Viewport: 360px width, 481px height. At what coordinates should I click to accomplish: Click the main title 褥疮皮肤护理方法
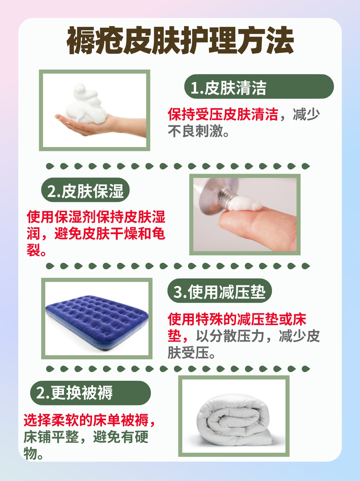(180, 41)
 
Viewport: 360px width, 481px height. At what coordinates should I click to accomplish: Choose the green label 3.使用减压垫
(219, 291)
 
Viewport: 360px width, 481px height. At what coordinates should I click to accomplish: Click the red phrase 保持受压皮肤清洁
(223, 114)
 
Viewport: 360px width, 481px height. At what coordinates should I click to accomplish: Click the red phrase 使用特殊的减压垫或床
(237, 319)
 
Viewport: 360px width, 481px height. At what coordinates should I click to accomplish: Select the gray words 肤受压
(188, 353)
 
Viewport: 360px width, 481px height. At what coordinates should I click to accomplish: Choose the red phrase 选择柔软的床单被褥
(86, 420)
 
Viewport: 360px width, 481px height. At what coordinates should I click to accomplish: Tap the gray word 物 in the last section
(30, 453)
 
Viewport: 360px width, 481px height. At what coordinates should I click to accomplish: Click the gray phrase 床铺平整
(51, 437)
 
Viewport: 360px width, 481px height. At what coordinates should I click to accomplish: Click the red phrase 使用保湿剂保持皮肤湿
(96, 217)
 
